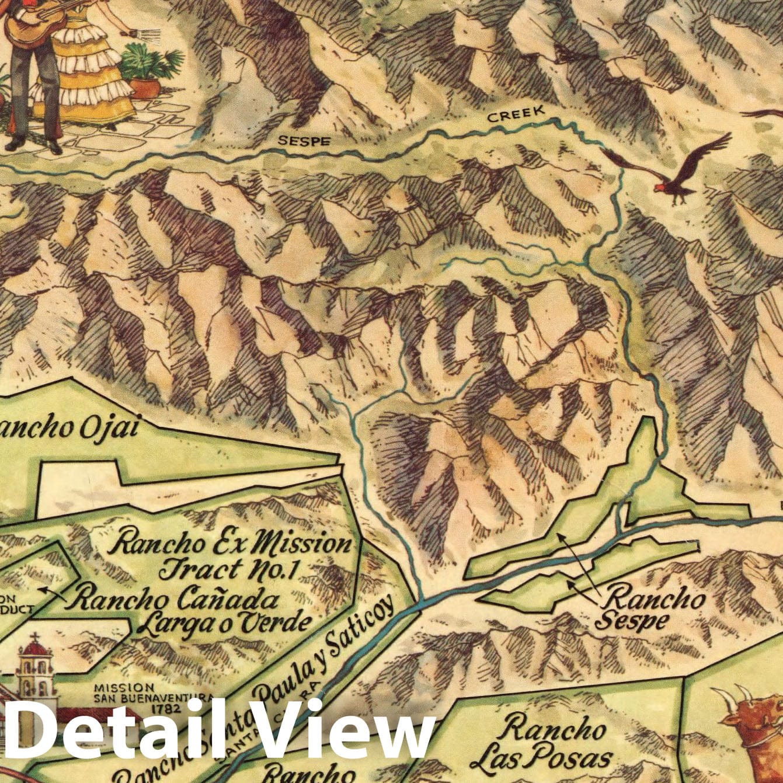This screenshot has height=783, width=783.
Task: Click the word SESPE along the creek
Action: [304, 141]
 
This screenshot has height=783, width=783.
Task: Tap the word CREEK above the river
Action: [516, 114]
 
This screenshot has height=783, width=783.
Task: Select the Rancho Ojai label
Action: [70, 428]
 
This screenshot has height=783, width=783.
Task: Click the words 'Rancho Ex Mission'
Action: [232, 544]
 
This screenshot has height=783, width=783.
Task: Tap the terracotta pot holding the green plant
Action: [145, 88]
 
